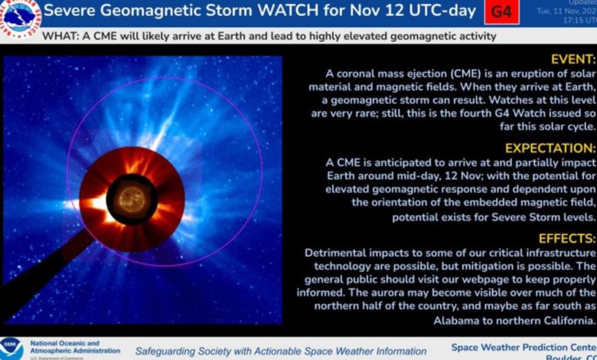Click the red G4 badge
(501, 12)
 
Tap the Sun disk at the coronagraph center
(132, 199)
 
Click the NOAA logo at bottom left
(11, 348)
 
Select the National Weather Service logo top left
(19, 13)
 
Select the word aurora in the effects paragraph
(418, 293)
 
